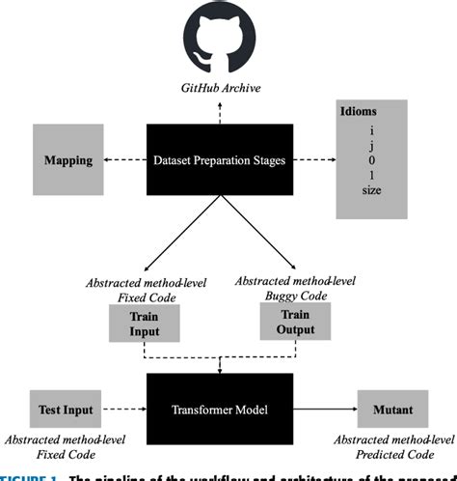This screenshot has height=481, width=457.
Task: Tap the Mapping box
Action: click(68, 159)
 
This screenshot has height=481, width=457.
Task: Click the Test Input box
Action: click(63, 409)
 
